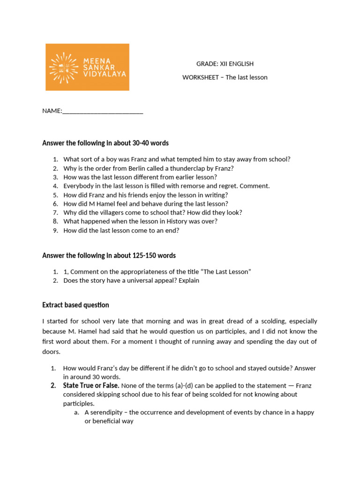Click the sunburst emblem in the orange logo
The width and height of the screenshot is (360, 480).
pyautogui.click(x=64, y=67)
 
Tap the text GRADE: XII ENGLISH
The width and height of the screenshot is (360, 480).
pyautogui.click(x=225, y=64)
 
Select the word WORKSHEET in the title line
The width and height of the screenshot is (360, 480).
pyautogui.click(x=200, y=77)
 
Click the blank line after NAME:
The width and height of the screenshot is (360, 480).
pyautogui.click(x=103, y=111)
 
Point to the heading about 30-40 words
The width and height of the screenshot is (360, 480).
pyautogui.click(x=105, y=143)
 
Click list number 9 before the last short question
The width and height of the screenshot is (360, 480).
pyautogui.click(x=55, y=231)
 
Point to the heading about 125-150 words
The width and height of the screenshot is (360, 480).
pyautogui.click(x=109, y=255)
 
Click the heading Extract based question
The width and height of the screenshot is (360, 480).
pyautogui.click(x=75, y=305)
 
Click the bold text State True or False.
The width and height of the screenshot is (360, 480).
pyautogui.click(x=91, y=386)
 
